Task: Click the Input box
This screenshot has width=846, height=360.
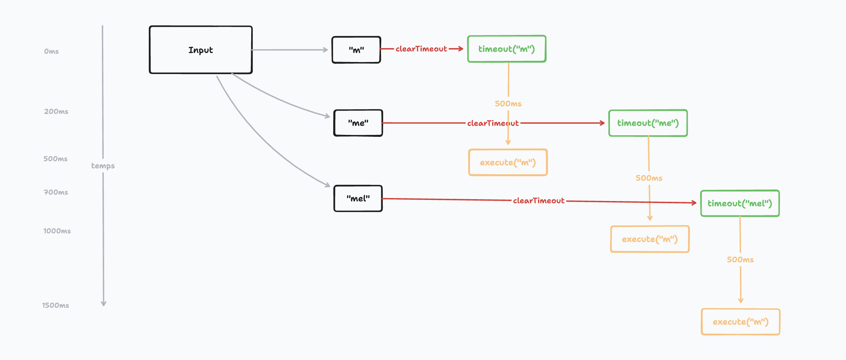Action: click(x=200, y=50)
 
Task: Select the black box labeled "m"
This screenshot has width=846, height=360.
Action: click(x=356, y=50)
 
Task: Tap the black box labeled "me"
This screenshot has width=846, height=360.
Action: click(x=358, y=123)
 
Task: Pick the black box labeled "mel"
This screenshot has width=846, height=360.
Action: click(x=358, y=198)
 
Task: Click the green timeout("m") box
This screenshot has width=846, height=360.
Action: click(x=506, y=49)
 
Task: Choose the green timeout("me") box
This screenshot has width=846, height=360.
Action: click(x=648, y=123)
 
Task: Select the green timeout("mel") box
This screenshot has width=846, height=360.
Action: click(x=740, y=203)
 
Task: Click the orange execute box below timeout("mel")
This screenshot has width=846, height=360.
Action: click(x=740, y=322)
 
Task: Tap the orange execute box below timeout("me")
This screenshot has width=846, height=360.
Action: click(x=650, y=239)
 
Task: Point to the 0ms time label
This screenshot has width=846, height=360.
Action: click(x=51, y=51)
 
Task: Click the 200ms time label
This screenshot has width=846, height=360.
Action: click(x=56, y=112)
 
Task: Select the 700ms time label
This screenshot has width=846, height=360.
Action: click(x=56, y=192)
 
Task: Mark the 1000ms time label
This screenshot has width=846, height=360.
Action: click(x=57, y=231)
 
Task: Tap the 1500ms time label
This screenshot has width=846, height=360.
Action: click(x=55, y=306)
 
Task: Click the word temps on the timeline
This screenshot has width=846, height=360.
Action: click(x=103, y=166)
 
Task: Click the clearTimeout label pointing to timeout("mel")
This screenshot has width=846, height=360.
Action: click(x=538, y=201)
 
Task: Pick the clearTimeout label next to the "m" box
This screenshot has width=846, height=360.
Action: click(x=421, y=49)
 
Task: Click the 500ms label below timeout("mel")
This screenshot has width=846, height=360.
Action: click(x=740, y=260)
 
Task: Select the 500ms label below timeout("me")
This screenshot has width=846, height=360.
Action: click(x=649, y=178)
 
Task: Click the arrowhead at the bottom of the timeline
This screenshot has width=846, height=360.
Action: click(x=103, y=304)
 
